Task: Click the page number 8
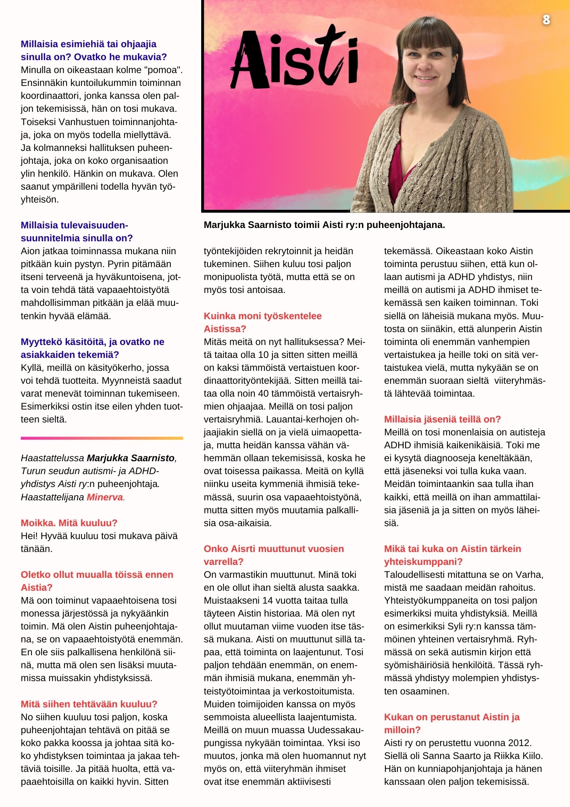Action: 546,19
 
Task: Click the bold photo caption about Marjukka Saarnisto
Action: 324,225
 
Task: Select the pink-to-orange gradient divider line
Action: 102,438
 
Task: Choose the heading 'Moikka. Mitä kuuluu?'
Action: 69,523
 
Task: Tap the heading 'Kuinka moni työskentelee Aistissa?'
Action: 262,322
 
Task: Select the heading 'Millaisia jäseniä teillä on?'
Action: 442,419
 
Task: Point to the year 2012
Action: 519,743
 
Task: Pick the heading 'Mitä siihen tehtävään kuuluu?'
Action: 89,704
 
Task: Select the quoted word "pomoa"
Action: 166,70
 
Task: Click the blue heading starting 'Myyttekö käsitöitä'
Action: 92,348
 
